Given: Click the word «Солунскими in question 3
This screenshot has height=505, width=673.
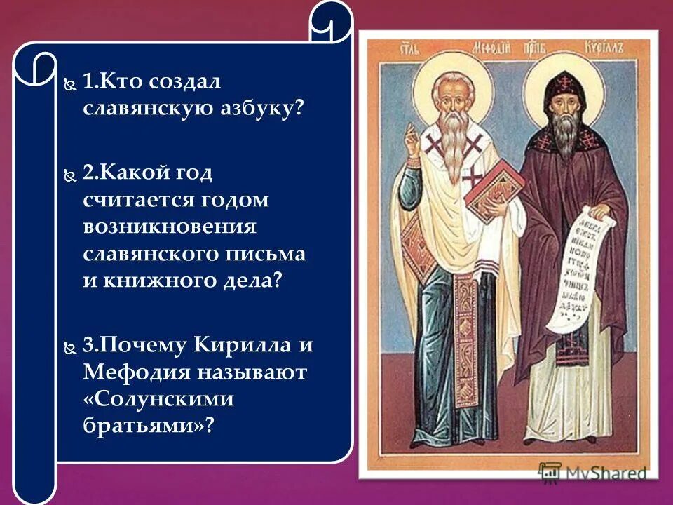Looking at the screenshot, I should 157,398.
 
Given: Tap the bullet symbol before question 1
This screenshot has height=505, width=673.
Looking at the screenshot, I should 68,83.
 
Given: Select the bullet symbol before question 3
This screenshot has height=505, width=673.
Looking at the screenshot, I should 68,346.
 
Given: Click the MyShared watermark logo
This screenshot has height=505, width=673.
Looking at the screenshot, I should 593,472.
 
